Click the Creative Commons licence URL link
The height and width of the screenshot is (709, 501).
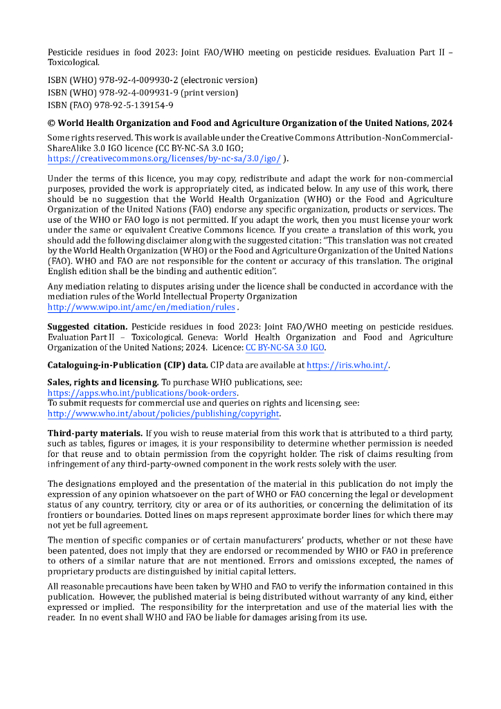point(164,159)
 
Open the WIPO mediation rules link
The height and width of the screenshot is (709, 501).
point(141,307)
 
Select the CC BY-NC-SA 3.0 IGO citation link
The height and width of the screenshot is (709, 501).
point(285,348)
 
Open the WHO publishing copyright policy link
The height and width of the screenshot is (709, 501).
point(163,413)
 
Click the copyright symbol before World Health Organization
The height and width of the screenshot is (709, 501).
point(51,123)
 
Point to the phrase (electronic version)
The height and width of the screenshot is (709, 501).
point(219,80)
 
